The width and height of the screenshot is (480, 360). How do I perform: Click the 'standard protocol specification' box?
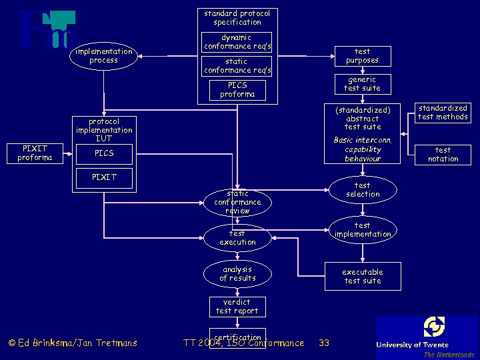coord(237,18)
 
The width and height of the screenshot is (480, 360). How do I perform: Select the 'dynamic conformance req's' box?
coord(237,42)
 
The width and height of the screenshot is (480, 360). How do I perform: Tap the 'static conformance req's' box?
coord(237,65)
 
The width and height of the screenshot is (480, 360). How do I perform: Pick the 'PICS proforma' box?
coord(237,89)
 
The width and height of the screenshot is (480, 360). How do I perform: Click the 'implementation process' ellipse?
coord(103,56)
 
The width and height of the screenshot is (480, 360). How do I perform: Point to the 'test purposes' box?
coord(362,56)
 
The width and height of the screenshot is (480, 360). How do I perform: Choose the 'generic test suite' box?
coord(362,84)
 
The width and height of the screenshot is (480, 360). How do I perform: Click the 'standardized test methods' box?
coord(443,113)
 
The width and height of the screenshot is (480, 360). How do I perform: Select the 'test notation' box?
coord(443,155)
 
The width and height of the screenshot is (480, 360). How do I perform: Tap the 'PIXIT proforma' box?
coord(35,153)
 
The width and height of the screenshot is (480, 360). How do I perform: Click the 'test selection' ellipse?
coord(363,190)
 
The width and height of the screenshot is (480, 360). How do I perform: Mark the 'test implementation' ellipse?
coord(363,230)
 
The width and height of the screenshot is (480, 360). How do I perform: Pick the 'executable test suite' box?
coord(363,276)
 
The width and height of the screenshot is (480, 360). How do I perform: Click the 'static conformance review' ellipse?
coord(237,202)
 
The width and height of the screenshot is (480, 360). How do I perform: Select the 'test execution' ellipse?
coord(237,238)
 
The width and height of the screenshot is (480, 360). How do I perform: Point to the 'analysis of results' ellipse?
coord(237,274)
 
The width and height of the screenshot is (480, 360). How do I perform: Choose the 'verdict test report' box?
coord(237,307)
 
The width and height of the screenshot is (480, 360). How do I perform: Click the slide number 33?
coord(324,343)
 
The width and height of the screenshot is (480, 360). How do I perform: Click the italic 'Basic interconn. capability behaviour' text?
coord(363,150)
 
